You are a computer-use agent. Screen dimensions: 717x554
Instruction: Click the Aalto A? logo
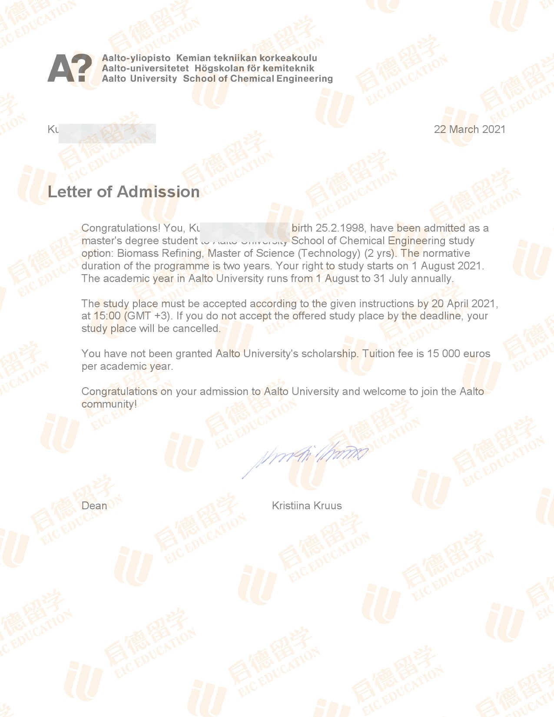coord(70,68)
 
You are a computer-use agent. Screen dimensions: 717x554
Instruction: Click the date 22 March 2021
coord(469,129)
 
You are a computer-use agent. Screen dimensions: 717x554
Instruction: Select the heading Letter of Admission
coord(123,192)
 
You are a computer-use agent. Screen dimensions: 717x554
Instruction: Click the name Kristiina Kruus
coord(307,506)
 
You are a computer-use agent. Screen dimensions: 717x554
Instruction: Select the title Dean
coord(94,506)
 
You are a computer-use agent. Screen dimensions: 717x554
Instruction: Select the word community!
coord(109,404)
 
